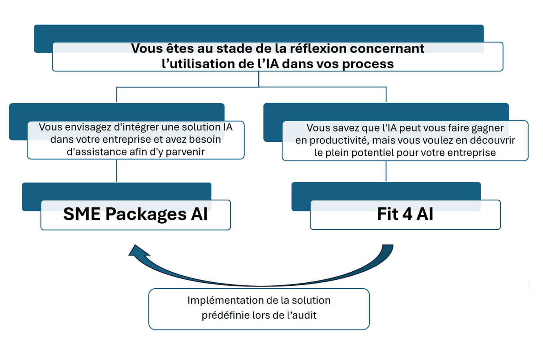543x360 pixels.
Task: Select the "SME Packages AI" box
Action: pos(135,214)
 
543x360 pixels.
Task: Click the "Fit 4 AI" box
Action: pos(405,214)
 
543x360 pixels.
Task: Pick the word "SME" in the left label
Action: pos(82,214)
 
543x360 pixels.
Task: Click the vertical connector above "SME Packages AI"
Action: pos(117,171)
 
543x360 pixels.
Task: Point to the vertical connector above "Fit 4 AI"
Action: pos(386,172)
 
